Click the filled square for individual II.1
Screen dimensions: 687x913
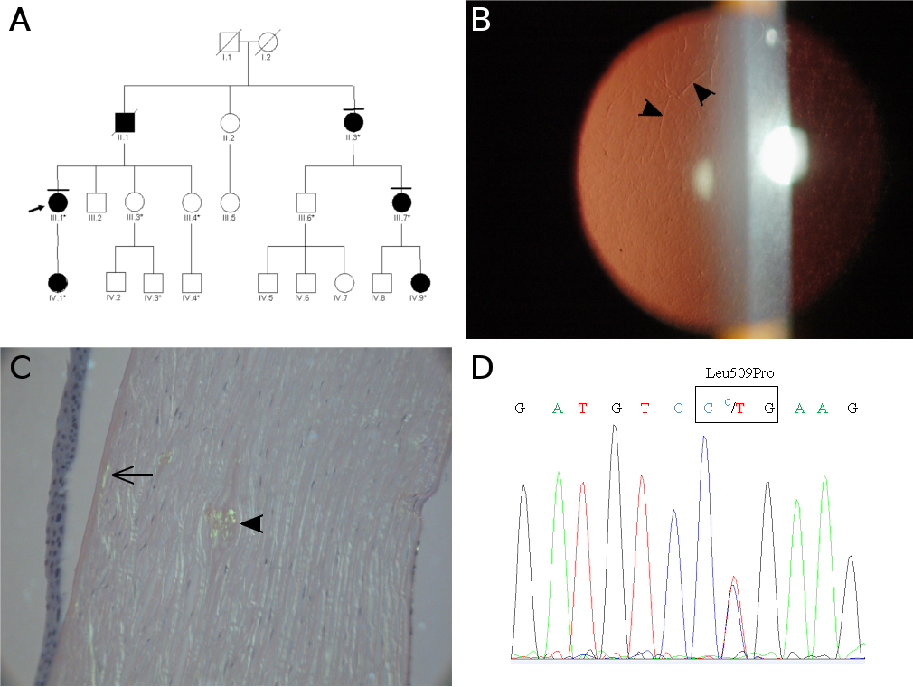pyautogui.click(x=125, y=121)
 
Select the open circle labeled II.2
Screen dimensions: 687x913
pyautogui.click(x=230, y=121)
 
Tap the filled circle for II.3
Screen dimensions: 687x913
pyautogui.click(x=353, y=121)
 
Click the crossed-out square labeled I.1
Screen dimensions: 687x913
pyautogui.click(x=230, y=42)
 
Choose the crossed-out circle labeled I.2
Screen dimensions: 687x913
pyautogui.click(x=268, y=42)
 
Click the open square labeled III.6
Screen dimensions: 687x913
pyautogui.click(x=306, y=204)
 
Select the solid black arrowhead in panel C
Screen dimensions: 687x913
pyautogui.click(x=250, y=522)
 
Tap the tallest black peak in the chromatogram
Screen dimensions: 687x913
pyautogui.click(x=615, y=429)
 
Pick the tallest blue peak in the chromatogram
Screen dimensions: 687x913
pyautogui.click(x=703, y=440)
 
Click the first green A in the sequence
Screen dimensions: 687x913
pyautogui.click(x=558, y=409)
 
